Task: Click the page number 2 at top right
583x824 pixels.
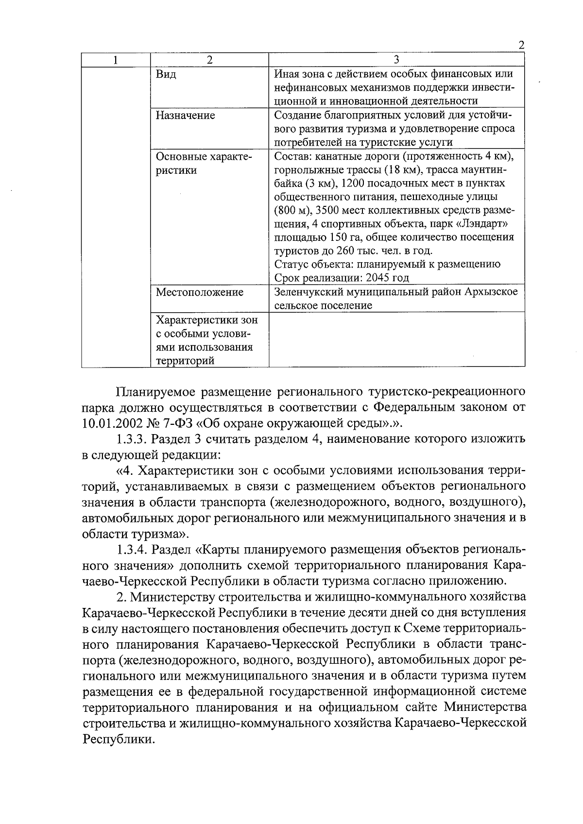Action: click(x=521, y=46)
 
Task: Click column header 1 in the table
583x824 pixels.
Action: click(x=115, y=60)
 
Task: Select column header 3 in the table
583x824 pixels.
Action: click(x=396, y=60)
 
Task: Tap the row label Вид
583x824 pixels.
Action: click(x=166, y=75)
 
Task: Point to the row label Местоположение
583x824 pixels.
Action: click(x=199, y=292)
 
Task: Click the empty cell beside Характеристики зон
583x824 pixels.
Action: click(x=396, y=339)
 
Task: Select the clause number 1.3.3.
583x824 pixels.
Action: click(x=132, y=439)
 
